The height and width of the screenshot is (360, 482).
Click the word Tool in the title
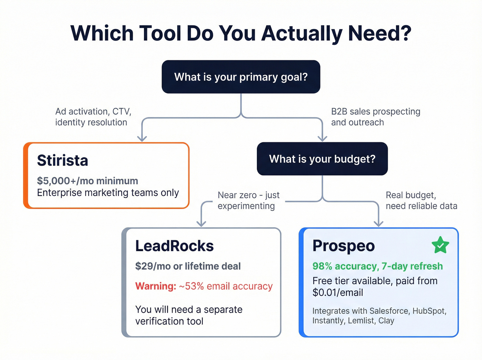160,33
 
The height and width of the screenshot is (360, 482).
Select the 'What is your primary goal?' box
241,77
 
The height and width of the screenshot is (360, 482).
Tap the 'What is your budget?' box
322,159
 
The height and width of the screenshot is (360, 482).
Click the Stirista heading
63,161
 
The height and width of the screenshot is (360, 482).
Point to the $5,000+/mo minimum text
87,181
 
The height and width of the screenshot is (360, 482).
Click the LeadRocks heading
174,246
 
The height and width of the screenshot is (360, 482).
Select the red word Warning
156,286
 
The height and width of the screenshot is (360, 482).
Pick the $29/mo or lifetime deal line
188,266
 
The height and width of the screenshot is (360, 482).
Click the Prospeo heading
343,246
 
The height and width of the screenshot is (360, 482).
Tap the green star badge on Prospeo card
440,245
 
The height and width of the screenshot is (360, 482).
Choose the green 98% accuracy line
377,266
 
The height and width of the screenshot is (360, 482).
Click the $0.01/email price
337,293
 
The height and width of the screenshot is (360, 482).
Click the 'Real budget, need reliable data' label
421,200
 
